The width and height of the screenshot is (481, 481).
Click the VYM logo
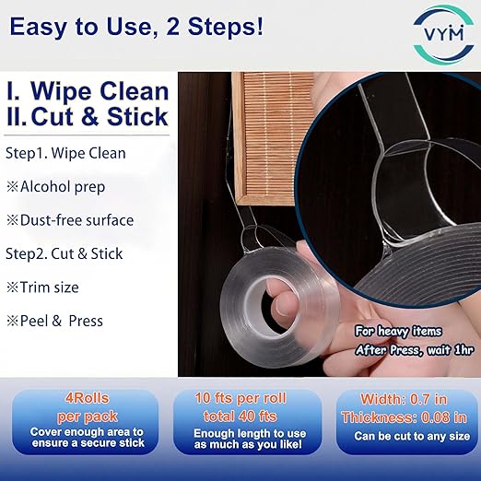(x=443, y=34)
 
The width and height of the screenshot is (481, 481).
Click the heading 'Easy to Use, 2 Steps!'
(x=136, y=27)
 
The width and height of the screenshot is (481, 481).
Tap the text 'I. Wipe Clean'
(x=88, y=91)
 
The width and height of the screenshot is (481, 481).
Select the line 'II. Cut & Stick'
(x=88, y=117)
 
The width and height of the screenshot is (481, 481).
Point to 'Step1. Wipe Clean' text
(x=65, y=153)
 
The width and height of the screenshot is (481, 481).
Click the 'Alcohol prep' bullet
(x=55, y=187)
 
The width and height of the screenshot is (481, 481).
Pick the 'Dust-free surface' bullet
(x=70, y=220)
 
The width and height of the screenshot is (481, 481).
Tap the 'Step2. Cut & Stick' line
(x=65, y=254)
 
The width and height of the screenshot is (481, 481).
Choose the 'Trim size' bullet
(x=42, y=287)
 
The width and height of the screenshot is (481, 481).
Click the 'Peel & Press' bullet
(x=54, y=321)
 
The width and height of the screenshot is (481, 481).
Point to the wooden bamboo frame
(x=264, y=138)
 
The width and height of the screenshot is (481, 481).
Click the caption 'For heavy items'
(x=398, y=332)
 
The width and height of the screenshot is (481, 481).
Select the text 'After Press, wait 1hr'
(x=415, y=350)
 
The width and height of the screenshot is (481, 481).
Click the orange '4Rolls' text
(x=88, y=398)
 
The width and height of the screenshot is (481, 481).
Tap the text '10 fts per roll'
(x=240, y=398)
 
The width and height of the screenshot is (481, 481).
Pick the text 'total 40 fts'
(x=240, y=416)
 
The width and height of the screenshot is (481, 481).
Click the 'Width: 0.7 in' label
(x=404, y=399)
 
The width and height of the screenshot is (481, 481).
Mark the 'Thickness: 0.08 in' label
(x=404, y=417)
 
